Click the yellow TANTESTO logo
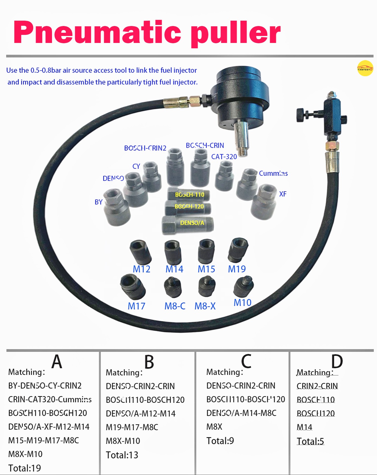click(365, 68)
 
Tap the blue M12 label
click(141, 269)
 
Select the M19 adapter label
click(237, 269)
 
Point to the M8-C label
click(175, 306)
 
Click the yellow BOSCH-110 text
click(190, 195)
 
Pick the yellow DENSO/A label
click(192, 223)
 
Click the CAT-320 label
click(224, 157)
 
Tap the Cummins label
click(273, 173)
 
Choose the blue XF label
click(283, 194)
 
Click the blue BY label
click(99, 202)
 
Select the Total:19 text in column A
click(25, 468)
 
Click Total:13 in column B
click(122, 455)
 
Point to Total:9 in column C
click(220, 441)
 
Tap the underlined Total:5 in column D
click(310, 441)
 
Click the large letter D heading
click(337, 361)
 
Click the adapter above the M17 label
click(133, 287)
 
